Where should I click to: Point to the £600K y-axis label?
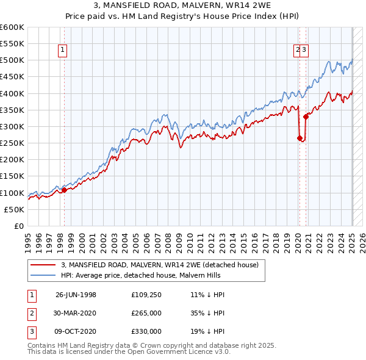tap(12, 27)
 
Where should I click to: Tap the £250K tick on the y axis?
tap(12, 143)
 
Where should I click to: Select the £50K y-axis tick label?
tap(14, 209)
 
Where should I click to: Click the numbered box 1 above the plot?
tap(63, 51)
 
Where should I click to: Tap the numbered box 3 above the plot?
tap(304, 51)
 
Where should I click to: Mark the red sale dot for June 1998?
tap(64, 190)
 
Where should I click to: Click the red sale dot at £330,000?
tap(306, 117)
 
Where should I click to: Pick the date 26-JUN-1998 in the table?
tap(76, 295)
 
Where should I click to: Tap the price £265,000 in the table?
tap(146, 313)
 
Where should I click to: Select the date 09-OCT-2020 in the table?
tap(76, 331)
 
